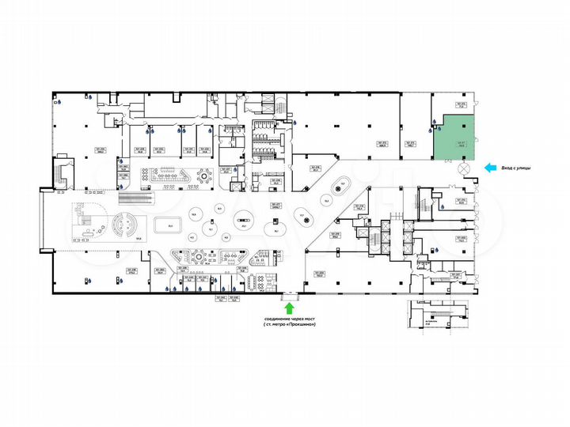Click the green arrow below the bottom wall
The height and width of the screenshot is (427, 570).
pos(290,308)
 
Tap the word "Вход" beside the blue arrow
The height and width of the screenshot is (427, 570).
pos(509,167)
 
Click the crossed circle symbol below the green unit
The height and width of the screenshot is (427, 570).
pos(463,168)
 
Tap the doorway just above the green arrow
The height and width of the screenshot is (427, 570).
pos(290,294)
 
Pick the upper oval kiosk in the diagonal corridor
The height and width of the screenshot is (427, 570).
pos(343,187)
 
